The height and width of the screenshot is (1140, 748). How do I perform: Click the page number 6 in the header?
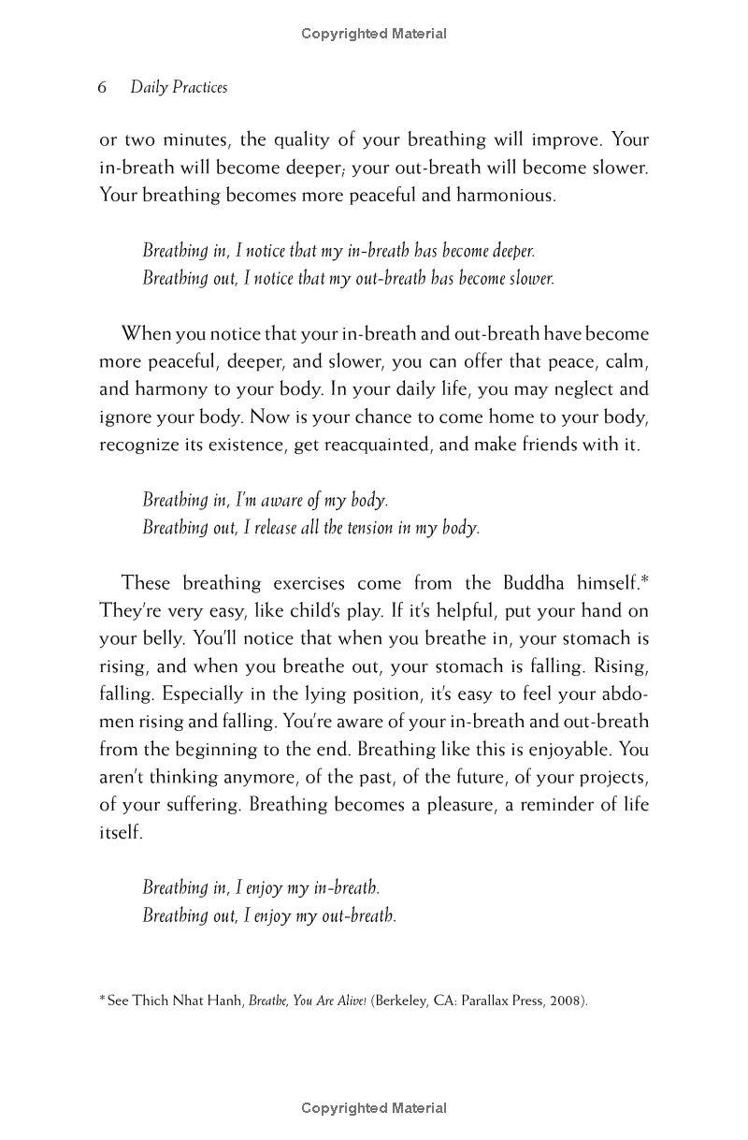click(103, 88)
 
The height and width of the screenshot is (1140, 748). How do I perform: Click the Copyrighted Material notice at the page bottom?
click(374, 1108)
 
